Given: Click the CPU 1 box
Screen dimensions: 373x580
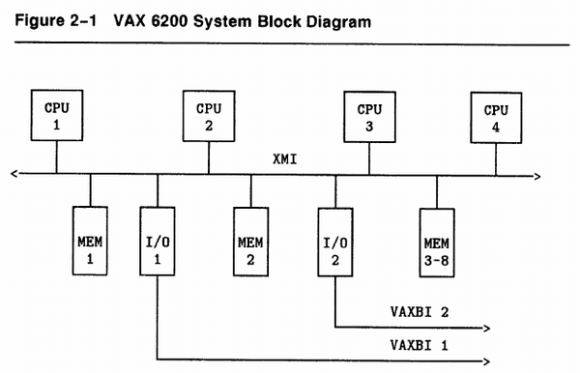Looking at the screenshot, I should (55, 116).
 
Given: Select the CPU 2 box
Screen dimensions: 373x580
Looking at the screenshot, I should (209, 116).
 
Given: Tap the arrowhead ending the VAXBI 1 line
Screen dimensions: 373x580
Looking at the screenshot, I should (484, 357).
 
